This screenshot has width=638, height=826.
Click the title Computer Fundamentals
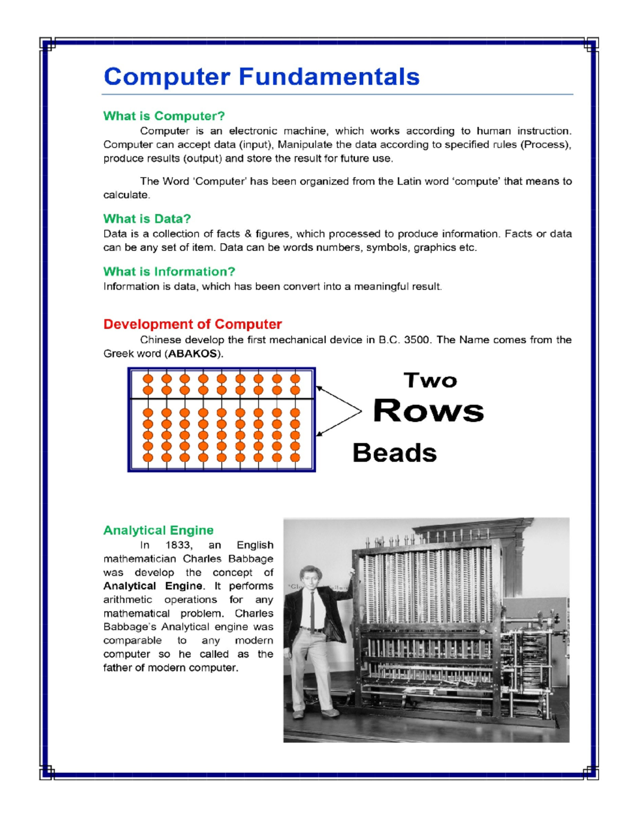click(262, 77)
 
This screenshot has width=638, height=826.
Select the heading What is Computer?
click(164, 116)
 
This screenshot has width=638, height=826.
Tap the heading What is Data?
click(147, 219)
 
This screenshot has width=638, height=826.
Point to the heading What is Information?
click(169, 272)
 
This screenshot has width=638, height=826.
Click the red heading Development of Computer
click(192, 324)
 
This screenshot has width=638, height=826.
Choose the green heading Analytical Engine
click(158, 530)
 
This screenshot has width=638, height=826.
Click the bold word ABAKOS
click(192, 354)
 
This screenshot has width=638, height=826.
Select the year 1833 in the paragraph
click(178, 545)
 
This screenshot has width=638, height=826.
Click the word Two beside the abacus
click(430, 381)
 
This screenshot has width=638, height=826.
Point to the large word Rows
click(429, 411)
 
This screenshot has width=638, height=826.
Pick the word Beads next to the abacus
click(394, 453)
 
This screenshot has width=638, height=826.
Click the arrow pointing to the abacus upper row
click(338, 398)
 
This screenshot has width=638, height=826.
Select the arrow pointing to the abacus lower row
click(338, 424)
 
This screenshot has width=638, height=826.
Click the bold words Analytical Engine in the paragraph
click(153, 586)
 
